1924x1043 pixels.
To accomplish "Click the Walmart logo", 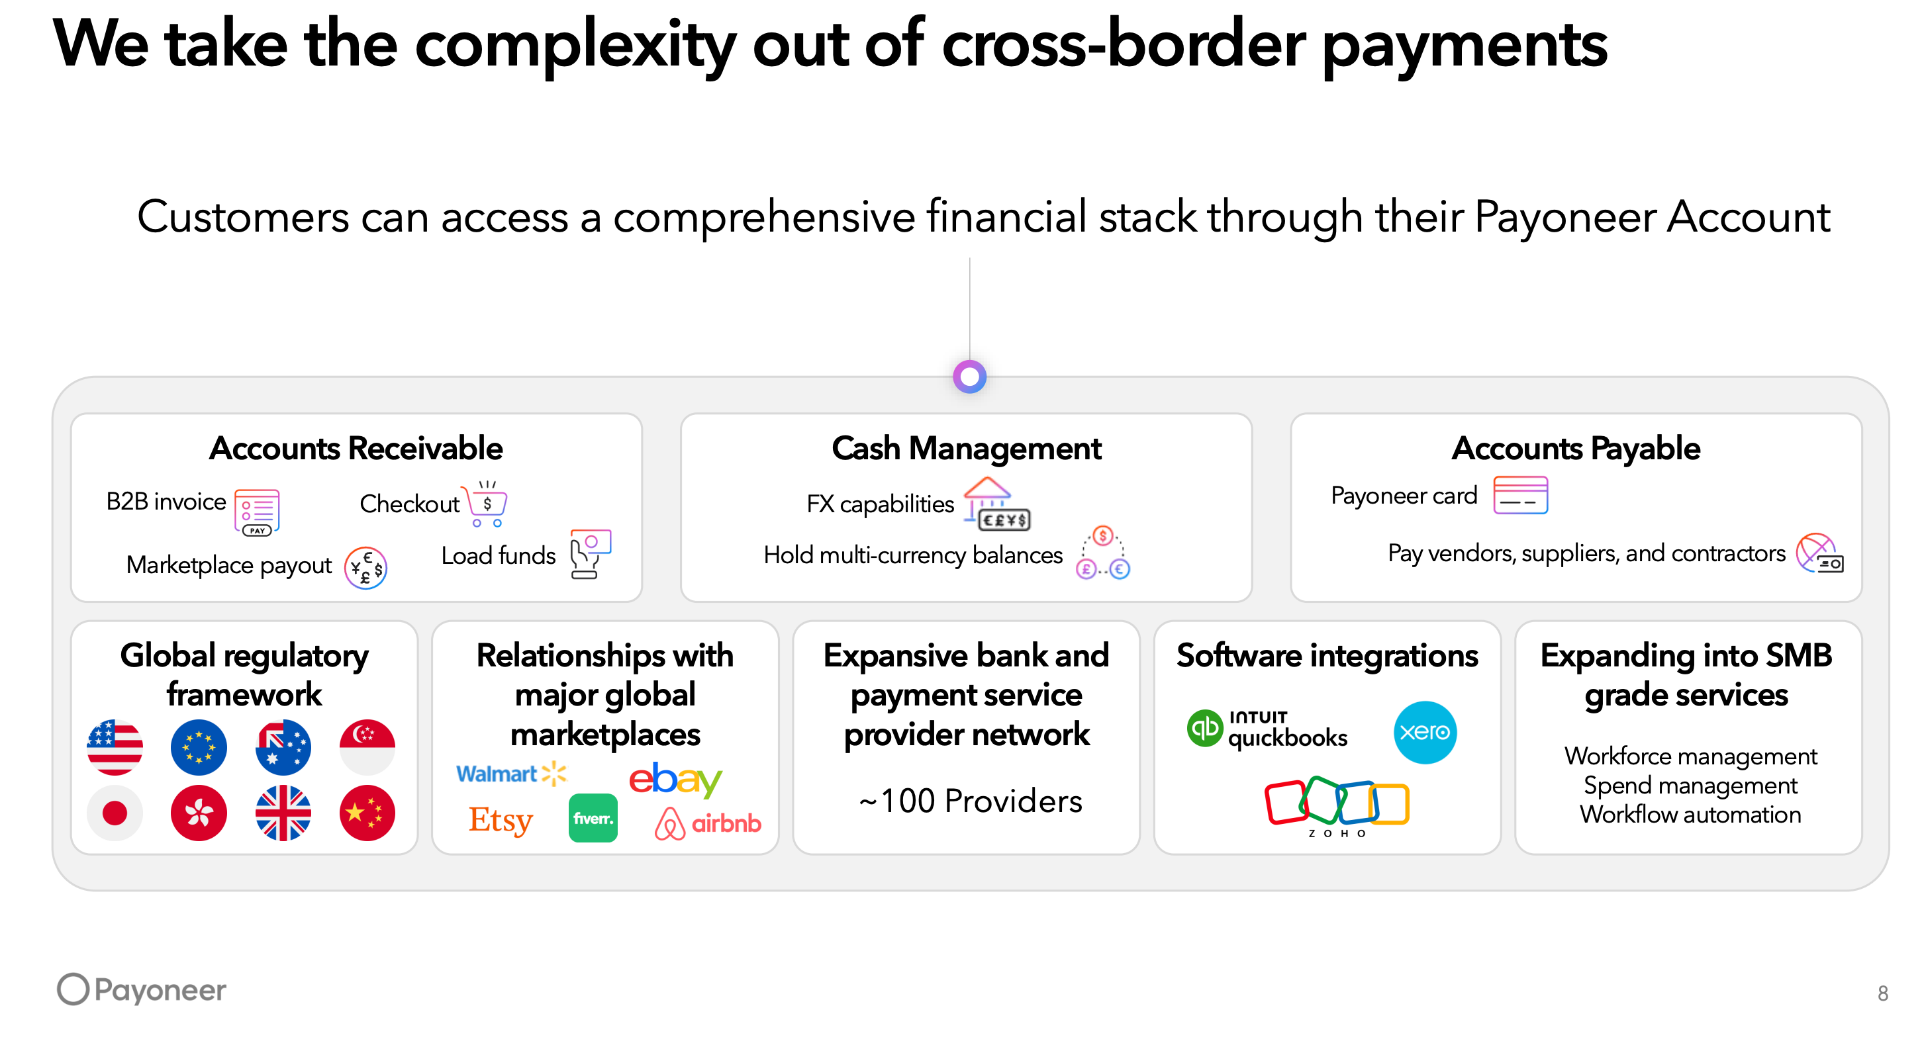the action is pyautogui.click(x=511, y=774).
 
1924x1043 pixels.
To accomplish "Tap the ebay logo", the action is pyautogui.click(x=675, y=779).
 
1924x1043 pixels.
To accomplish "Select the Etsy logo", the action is pyautogui.click(x=501, y=820).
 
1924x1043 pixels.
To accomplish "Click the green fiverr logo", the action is pyautogui.click(x=593, y=818).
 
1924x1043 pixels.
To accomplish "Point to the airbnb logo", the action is pyautogui.click(x=708, y=823).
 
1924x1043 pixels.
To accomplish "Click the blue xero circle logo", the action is pyautogui.click(x=1424, y=733).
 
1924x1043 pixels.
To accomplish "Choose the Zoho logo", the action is pyautogui.click(x=1337, y=806).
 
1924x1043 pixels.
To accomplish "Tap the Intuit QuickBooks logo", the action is pyautogui.click(x=1267, y=729).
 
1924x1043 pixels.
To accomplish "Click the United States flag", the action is pyautogui.click(x=115, y=747).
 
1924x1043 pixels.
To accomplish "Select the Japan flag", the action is pyautogui.click(x=115, y=813).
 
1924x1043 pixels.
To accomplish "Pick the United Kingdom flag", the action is pyautogui.click(x=283, y=813).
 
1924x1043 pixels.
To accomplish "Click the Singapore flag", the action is pyautogui.click(x=367, y=747).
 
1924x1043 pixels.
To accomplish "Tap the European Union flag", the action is pyautogui.click(x=199, y=747).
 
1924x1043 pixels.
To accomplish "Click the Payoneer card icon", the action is pyautogui.click(x=1520, y=495).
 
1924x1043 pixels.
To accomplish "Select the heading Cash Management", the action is pyautogui.click(x=967, y=449).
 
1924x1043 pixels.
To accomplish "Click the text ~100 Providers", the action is pyautogui.click(x=970, y=801).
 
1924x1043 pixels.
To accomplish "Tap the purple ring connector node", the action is pyautogui.click(x=969, y=377).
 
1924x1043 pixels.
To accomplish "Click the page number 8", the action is pyautogui.click(x=1883, y=993).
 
